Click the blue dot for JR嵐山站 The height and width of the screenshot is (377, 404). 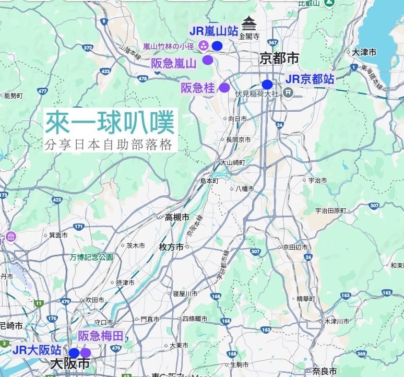pos(217,46)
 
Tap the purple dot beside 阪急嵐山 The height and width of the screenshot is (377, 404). pos(208,60)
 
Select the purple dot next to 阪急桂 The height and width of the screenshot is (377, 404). pos(224,88)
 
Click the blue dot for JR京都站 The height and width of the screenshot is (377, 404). pos(267,84)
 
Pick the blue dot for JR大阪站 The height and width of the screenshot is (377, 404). pos(74,353)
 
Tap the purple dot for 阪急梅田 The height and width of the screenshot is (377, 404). pos(86,353)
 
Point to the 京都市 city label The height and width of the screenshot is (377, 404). pos(279,58)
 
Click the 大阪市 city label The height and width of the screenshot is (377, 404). pos(70,364)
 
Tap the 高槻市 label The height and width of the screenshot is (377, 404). pos(177,217)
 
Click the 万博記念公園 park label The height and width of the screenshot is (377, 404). pos(91,257)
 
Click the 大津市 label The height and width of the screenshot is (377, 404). pos(364,52)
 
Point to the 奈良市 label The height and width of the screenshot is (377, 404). pos(325,371)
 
